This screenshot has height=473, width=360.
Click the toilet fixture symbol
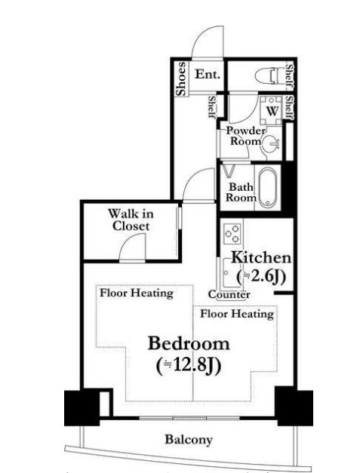pyautogui.click(x=267, y=75)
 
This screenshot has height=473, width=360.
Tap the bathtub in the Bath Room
pyautogui.click(x=268, y=187)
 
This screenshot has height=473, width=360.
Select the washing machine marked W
pyautogui.click(x=271, y=111)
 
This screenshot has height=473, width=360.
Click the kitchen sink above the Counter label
pyautogui.click(x=232, y=274)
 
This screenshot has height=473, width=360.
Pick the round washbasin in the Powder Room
pyautogui.click(x=271, y=143)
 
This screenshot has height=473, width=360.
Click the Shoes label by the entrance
pyautogui.click(x=181, y=79)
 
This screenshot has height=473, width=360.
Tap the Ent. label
pyautogui.click(x=208, y=74)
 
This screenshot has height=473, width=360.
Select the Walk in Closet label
pyautogui.click(x=131, y=220)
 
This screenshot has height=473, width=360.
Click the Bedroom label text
pyautogui.click(x=189, y=343)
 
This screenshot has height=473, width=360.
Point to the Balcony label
pyautogui.click(x=189, y=440)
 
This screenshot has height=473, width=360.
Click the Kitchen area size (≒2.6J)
pyautogui.click(x=261, y=276)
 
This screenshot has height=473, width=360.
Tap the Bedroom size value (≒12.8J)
pyautogui.click(x=189, y=365)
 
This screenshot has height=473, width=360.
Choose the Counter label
pyautogui.click(x=229, y=294)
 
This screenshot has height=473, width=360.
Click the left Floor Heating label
pyautogui.click(x=137, y=293)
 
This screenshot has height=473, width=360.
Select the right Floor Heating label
pyautogui.click(x=237, y=314)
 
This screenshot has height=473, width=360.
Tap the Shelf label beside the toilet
pyautogui.click(x=289, y=77)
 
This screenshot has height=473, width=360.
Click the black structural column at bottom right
pyautogui.click(x=294, y=406)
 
